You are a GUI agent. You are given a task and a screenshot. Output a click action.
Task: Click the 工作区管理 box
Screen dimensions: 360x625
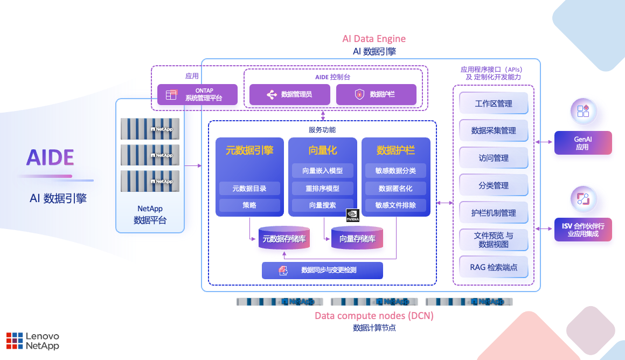point(493,103)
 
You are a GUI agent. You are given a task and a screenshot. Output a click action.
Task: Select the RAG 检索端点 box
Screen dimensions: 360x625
point(493,267)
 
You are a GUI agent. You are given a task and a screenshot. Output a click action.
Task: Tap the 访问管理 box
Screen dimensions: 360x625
point(493,158)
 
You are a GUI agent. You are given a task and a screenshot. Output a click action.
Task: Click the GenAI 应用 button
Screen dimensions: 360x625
point(583,143)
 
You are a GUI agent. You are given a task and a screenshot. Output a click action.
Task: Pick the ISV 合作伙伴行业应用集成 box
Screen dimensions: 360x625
point(583,230)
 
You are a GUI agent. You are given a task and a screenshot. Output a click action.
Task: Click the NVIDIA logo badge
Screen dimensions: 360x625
point(353,215)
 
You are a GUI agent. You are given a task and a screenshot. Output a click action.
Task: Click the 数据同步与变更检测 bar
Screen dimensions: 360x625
point(322,271)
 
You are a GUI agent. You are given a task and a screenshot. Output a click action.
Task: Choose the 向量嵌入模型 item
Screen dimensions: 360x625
point(322,171)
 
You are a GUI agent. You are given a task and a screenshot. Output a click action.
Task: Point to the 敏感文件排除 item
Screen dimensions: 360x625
point(395,205)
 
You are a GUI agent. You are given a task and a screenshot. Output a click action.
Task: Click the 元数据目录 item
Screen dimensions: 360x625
point(249,188)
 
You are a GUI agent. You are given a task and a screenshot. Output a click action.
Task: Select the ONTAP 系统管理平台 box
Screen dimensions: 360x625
point(197,94)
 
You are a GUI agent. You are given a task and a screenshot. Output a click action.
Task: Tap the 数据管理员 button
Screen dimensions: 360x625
point(289,94)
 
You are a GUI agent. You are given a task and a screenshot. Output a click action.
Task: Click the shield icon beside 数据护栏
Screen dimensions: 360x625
point(359,94)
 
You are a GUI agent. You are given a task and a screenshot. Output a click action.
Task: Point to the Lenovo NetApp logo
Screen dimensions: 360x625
point(33,341)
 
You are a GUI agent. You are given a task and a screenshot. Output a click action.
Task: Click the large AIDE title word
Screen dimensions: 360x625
point(50,157)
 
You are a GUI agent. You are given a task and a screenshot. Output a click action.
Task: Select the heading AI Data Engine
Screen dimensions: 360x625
point(374,39)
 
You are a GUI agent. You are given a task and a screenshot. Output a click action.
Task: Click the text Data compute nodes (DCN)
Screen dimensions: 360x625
point(374,315)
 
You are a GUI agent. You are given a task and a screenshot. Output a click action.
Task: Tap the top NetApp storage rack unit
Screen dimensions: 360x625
point(150,129)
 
